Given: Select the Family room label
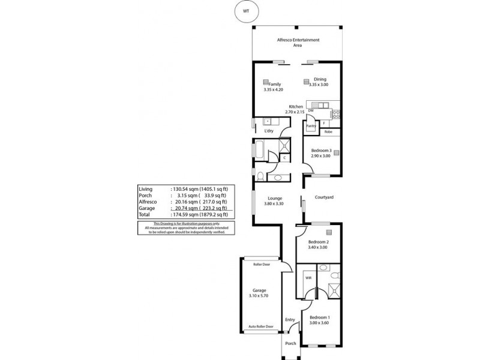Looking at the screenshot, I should pos(275,84).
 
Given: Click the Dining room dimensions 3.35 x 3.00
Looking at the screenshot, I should pos(319,85).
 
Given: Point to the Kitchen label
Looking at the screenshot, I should pos(296,106).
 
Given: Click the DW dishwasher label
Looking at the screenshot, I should pos(311,111).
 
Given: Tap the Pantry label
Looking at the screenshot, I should pos(311,126).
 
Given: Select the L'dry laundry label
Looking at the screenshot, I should pos(261,131).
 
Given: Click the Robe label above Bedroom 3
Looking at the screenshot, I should pos(328,131).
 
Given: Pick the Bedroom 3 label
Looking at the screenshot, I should pos(321,150).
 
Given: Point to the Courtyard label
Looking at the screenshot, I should pos(324,197).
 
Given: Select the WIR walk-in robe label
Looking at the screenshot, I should pos(308,278).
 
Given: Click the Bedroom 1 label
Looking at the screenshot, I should pos(320,317).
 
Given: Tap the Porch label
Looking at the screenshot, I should pos(290,344).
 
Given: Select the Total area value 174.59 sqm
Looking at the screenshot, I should pos(187,214).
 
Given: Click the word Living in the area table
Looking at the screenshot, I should pos(146,188).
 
